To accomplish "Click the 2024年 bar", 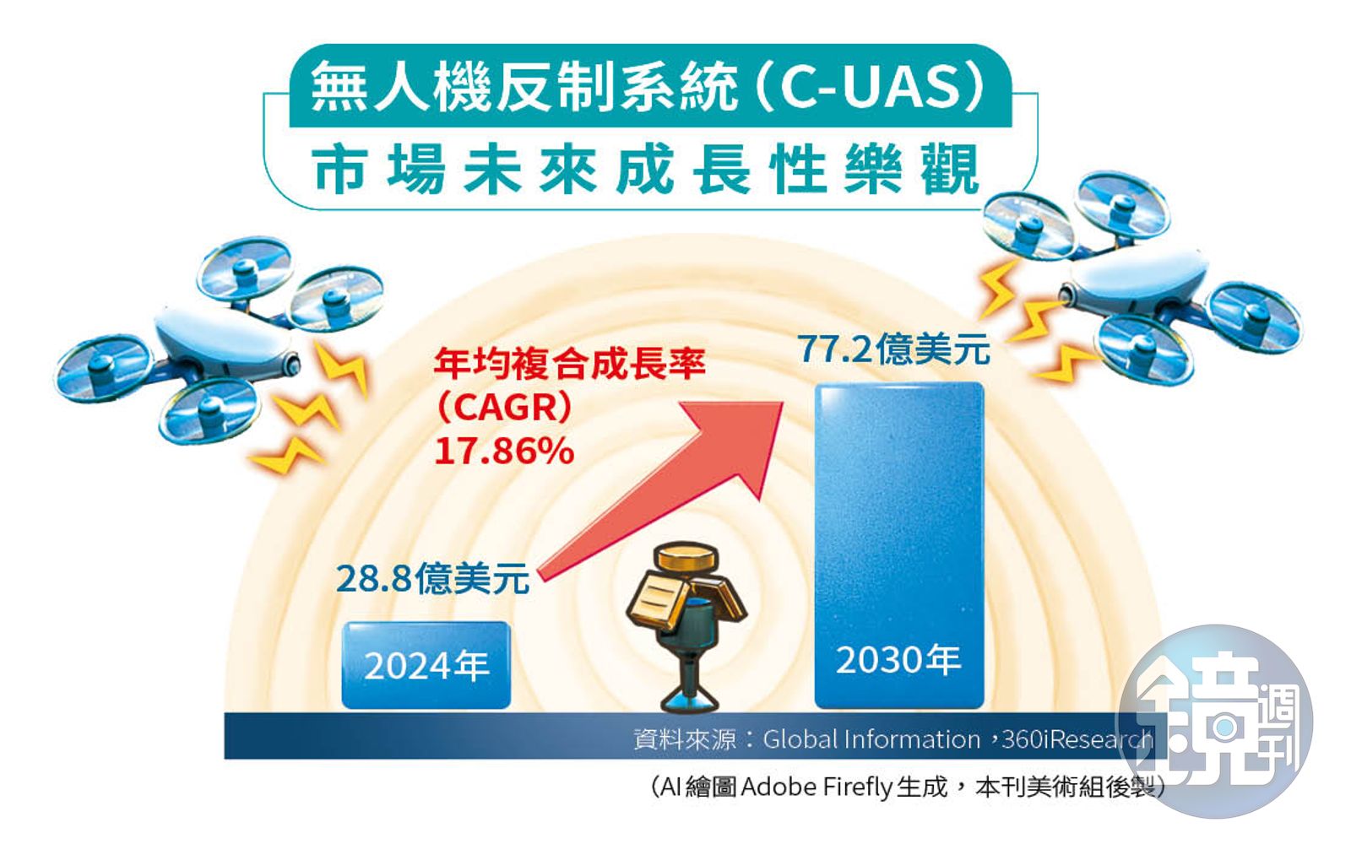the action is [x=426, y=665].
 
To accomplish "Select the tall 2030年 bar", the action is [x=899, y=545].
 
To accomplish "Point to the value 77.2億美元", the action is [x=894, y=349].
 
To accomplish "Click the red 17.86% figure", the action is [x=504, y=451].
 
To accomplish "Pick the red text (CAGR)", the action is [x=504, y=408].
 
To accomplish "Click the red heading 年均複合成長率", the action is [x=569, y=364].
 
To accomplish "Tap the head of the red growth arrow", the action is [x=783, y=403].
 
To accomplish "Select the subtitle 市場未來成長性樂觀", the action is [x=645, y=170].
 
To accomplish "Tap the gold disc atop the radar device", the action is [x=687, y=557].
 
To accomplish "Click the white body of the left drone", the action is [x=223, y=343].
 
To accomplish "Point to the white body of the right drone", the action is [x=1137, y=281].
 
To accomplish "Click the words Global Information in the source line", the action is [x=871, y=739].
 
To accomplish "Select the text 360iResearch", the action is [x=1077, y=739].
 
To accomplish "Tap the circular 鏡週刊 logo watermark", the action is [x=1215, y=721].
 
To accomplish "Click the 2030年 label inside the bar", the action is [x=898, y=659].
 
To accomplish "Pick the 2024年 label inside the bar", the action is [x=426, y=666].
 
